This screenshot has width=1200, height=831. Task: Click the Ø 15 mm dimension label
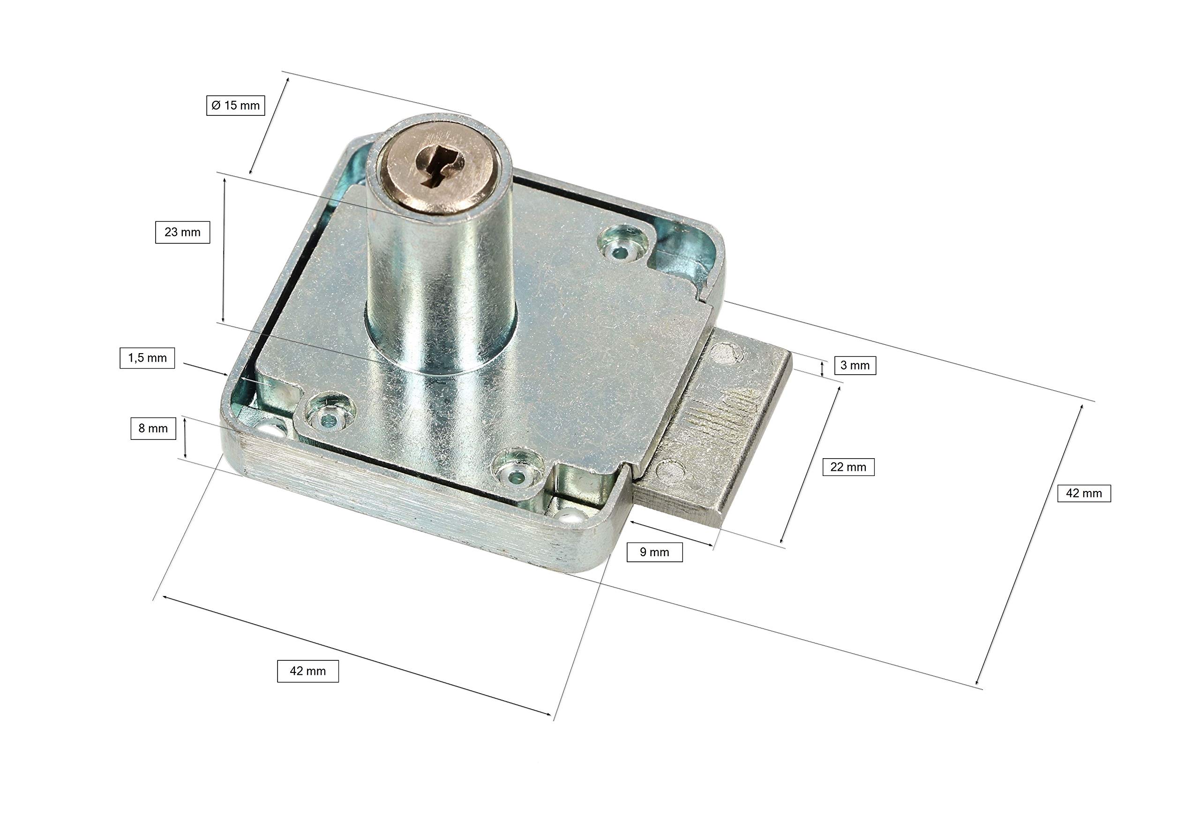pos(235,106)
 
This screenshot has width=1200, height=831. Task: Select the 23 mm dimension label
pos(182,232)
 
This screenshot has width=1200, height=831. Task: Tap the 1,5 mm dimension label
pos(147,358)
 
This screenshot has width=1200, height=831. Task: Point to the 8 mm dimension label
pos(153,429)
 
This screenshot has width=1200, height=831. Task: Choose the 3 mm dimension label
pos(855,365)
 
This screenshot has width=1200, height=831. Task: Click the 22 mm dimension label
pos(848,467)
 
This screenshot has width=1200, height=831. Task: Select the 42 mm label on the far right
pos(1084,493)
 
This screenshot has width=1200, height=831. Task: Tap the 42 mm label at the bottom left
pos(307,671)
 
